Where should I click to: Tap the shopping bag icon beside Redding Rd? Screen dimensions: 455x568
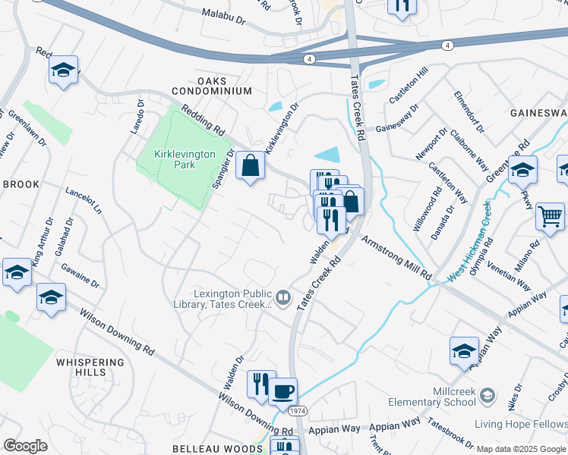[250, 165]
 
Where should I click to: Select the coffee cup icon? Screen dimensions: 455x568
[282, 392]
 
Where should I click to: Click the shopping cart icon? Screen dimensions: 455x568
[550, 215]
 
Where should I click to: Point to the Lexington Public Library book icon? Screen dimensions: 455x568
[283, 297]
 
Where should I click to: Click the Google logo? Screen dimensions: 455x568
[25, 446]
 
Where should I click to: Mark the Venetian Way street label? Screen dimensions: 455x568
[510, 277]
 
